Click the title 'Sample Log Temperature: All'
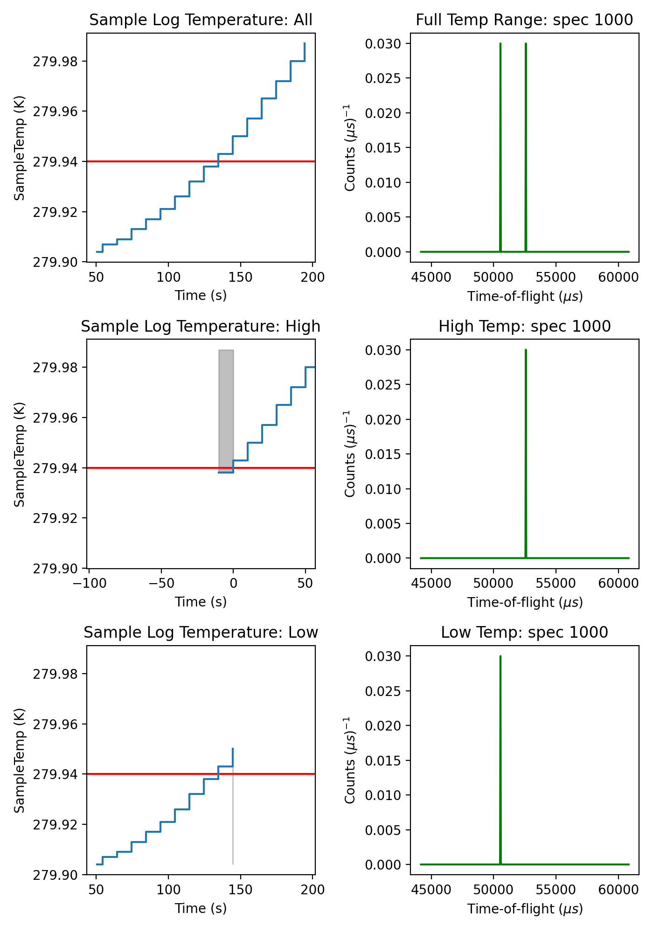[x=201, y=20]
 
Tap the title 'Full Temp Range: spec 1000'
[x=524, y=20]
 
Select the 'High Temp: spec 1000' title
[x=524, y=326]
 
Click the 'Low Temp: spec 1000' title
[x=524, y=632]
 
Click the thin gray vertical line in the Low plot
[x=233, y=821]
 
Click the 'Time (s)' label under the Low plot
[x=201, y=908]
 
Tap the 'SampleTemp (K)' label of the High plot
[x=19, y=454]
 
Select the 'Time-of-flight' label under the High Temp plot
[x=525, y=602]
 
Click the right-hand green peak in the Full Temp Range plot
[x=526, y=140]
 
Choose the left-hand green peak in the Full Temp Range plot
[x=500, y=140]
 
